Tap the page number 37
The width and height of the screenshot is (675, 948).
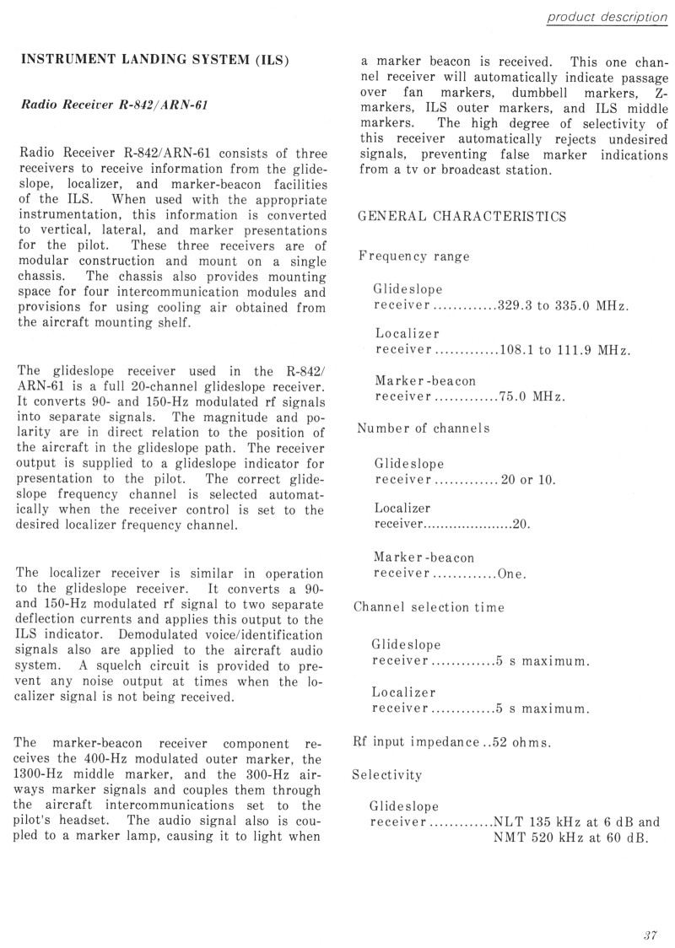coord(649,934)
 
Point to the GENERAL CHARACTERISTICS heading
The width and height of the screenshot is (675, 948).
coord(462,216)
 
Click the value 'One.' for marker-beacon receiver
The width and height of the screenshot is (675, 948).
coord(512,576)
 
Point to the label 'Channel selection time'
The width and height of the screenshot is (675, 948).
coord(428,607)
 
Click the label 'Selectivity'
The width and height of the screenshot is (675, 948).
coord(387,773)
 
